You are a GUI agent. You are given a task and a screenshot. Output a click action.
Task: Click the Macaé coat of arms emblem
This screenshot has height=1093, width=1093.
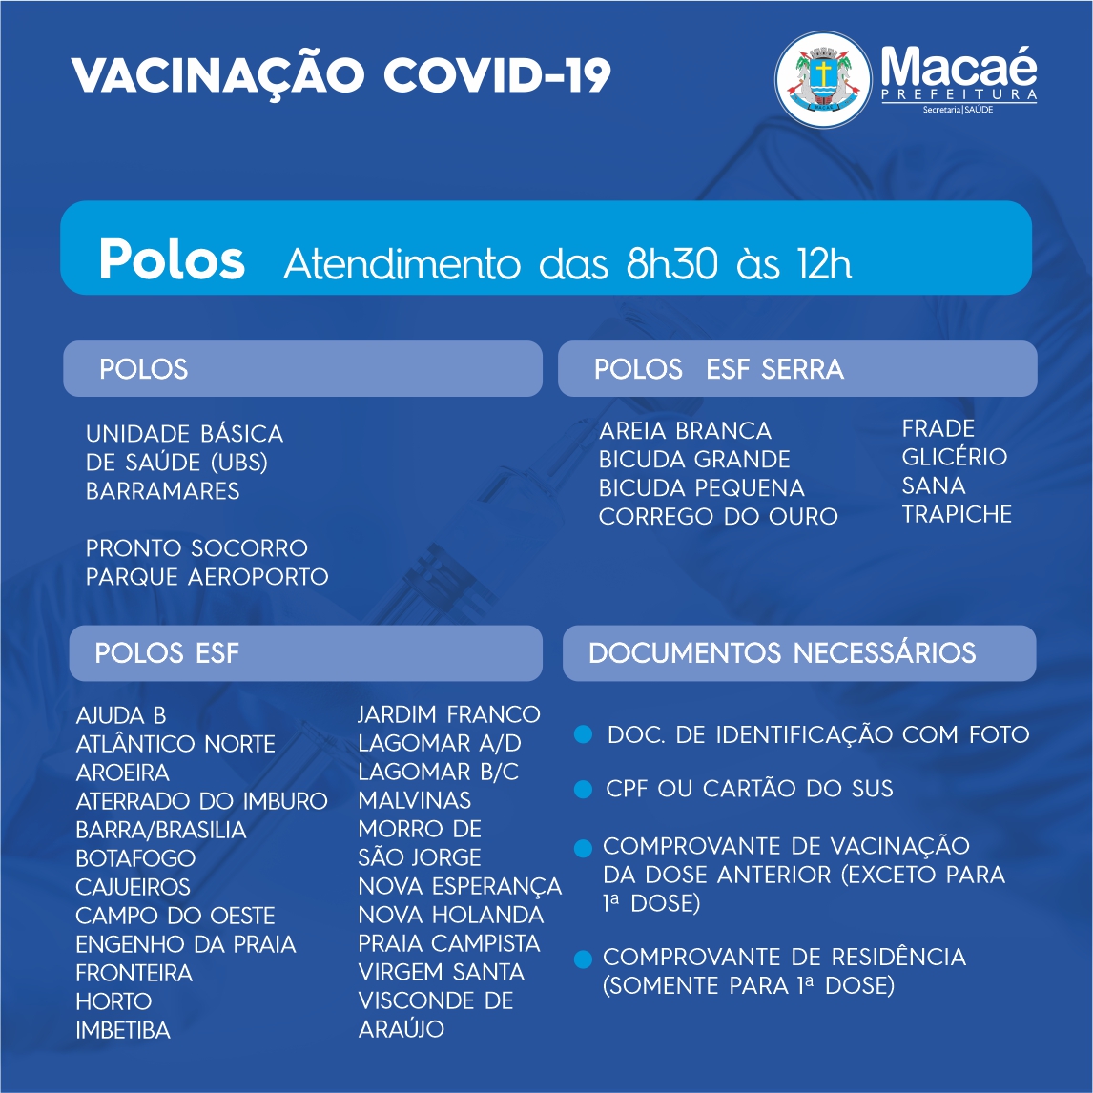click(x=822, y=79)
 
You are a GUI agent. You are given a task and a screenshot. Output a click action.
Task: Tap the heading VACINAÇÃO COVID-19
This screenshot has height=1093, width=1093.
click(x=340, y=75)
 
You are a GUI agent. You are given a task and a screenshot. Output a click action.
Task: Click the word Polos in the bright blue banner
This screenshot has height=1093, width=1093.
click(x=172, y=258)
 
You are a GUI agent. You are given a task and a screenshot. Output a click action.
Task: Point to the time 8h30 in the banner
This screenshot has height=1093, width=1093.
click(x=672, y=263)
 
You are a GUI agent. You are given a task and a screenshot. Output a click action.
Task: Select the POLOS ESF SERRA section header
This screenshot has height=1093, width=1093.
click(x=719, y=369)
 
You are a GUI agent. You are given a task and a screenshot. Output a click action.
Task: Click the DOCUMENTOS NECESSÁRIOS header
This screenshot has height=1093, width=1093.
click(x=782, y=653)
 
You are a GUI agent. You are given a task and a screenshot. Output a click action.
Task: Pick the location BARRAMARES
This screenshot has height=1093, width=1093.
click(x=162, y=491)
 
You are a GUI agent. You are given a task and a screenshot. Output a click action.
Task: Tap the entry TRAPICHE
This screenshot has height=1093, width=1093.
click(x=957, y=514)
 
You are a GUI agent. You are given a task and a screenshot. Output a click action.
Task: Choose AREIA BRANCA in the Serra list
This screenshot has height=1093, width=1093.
click(x=685, y=430)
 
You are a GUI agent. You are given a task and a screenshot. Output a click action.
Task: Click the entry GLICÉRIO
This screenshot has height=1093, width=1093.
click(x=955, y=457)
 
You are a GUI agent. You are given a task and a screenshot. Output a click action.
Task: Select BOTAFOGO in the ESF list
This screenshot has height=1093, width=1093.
click(x=135, y=858)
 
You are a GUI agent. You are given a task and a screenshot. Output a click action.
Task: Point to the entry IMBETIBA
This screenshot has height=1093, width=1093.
click(x=123, y=1029)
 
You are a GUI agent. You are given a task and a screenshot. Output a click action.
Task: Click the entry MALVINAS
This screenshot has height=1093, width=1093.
click(x=414, y=799)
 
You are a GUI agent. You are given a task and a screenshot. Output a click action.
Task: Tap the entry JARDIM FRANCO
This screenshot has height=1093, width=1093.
click(x=449, y=713)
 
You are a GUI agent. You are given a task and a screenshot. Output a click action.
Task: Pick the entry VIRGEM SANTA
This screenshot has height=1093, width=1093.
click(x=442, y=972)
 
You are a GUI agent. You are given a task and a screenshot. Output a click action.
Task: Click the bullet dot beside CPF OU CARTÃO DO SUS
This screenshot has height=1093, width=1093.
click(x=583, y=789)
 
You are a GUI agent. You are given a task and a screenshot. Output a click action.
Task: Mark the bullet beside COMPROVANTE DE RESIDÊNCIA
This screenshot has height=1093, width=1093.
click(x=583, y=959)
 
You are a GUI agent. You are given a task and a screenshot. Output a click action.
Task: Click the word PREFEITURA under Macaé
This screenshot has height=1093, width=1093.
click(x=959, y=94)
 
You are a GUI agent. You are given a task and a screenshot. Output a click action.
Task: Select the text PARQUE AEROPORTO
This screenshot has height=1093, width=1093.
click(x=207, y=576)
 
